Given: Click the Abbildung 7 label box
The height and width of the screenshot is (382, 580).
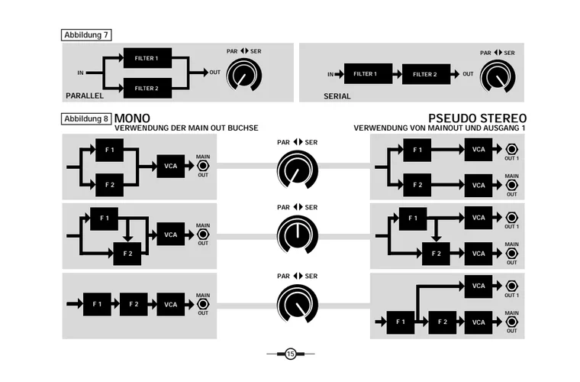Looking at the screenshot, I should click(x=85, y=35).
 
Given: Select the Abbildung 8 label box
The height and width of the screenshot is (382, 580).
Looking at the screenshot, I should click(x=85, y=119).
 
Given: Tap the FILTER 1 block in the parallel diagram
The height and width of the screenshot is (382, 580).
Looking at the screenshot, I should click(x=147, y=58).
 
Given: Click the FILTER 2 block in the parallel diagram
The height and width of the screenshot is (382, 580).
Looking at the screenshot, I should click(x=147, y=88).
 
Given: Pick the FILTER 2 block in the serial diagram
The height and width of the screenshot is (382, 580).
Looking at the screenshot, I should click(x=425, y=74).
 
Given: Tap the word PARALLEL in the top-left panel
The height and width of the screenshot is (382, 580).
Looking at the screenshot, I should click(x=84, y=96).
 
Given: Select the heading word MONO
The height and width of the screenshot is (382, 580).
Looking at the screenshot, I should click(x=131, y=118).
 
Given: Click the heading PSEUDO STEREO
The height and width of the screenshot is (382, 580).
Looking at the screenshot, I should click(x=478, y=118).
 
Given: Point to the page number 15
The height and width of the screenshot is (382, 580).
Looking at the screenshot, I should click(x=290, y=354).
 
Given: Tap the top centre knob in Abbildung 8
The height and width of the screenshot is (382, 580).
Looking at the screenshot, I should click(x=293, y=169).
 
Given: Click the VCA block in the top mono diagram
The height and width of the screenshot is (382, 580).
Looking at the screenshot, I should click(x=171, y=166).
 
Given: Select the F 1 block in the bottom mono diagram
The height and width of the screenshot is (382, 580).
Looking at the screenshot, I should click(x=97, y=304).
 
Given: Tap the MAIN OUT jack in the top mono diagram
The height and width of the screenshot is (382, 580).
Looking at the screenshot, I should click(x=203, y=166).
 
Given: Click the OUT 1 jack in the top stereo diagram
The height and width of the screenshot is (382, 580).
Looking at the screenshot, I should click(x=511, y=150).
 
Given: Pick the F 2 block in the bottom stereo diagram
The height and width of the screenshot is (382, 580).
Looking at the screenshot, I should click(x=442, y=322).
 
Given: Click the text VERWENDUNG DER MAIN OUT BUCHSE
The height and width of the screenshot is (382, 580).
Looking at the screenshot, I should click(x=186, y=128).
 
